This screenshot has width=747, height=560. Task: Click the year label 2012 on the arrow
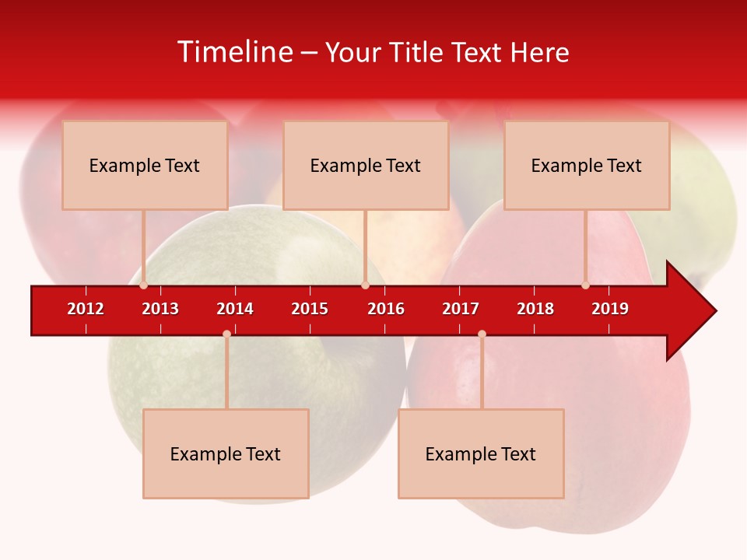(x=86, y=309)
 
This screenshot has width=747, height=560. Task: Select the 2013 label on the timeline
(x=160, y=309)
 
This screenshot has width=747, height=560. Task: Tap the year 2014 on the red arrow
(x=235, y=309)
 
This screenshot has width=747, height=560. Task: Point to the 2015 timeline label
(x=310, y=309)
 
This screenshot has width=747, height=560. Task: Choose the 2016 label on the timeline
(x=386, y=309)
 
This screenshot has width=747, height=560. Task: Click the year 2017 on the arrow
(x=461, y=309)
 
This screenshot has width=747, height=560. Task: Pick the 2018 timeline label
(x=535, y=309)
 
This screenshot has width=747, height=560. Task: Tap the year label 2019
(x=610, y=309)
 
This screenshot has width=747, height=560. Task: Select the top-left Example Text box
(x=145, y=165)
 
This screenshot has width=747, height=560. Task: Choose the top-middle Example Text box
(x=366, y=165)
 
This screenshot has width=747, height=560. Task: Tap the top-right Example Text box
(x=587, y=165)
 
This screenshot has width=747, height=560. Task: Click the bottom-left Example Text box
(x=226, y=453)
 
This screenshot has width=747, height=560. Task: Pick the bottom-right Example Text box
(x=481, y=453)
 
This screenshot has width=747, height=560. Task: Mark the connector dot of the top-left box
(x=144, y=285)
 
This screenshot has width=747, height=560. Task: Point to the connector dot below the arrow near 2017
(x=482, y=334)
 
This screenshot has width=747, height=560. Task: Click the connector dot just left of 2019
(x=586, y=285)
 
